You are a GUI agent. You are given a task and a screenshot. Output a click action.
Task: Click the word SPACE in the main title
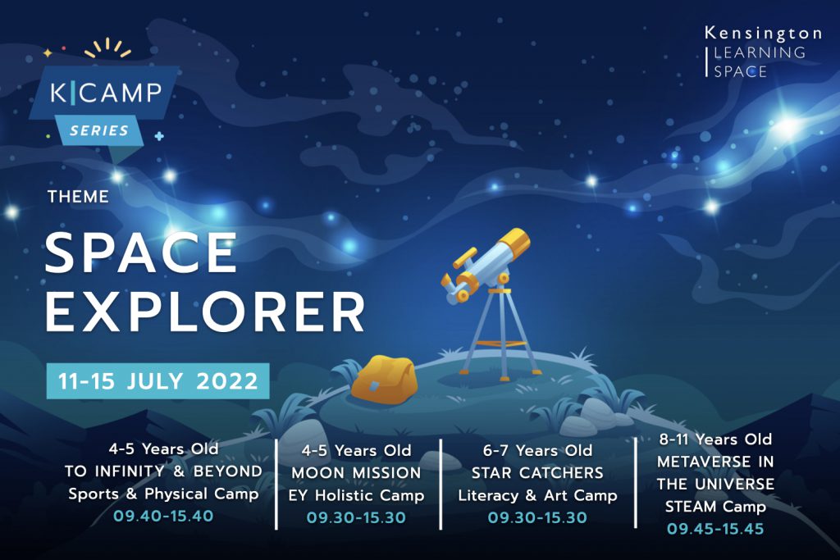[140, 253]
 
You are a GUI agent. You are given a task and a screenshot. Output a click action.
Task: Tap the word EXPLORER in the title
[204, 312]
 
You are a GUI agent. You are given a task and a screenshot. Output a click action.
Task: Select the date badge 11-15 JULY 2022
[158, 381]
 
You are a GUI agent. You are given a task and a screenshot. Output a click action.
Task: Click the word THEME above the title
[78, 197]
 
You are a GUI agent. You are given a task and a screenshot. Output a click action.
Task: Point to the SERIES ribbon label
[99, 130]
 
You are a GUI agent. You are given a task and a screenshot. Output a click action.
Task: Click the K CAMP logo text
[106, 93]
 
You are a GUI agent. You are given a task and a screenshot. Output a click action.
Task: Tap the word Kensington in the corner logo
[763, 34]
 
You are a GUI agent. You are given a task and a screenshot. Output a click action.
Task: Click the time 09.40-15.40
[163, 516]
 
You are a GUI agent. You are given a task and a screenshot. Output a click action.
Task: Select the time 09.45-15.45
[715, 529]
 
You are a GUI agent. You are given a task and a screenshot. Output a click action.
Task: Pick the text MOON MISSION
[356, 473]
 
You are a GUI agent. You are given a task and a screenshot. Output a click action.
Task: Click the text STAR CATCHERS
[537, 473]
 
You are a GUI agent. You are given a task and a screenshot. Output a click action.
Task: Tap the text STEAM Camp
[715, 507]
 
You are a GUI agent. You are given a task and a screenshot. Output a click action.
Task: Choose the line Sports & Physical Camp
[163, 494]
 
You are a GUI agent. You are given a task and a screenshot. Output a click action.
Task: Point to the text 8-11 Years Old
[715, 439]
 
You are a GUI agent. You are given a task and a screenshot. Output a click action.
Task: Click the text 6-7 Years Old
[537, 450]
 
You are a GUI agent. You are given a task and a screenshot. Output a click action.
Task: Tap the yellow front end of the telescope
[514, 243]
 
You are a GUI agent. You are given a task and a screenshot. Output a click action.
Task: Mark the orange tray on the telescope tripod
[500, 344]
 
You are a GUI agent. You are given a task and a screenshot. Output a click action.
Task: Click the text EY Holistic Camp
[356, 495]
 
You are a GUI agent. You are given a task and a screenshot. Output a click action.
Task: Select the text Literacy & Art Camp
[537, 495]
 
